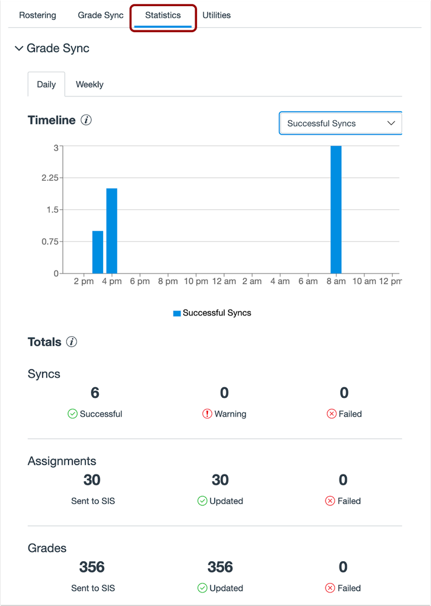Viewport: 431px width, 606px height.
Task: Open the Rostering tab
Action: (38, 15)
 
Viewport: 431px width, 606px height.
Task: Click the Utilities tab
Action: (216, 15)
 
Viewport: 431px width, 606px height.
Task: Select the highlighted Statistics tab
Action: (163, 15)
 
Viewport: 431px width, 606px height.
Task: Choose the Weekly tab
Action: (89, 85)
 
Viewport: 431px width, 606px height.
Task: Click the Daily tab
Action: (46, 85)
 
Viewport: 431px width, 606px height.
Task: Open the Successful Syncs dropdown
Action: (340, 123)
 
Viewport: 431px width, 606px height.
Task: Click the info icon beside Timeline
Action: (86, 120)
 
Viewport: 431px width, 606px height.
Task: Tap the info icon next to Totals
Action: (72, 342)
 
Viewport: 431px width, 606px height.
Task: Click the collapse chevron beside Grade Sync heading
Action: (19, 49)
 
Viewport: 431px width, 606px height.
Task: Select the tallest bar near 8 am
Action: (336, 209)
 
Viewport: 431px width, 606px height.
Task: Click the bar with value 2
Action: (112, 231)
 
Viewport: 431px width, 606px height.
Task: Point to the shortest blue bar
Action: (98, 252)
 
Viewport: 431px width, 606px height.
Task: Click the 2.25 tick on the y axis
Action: (50, 178)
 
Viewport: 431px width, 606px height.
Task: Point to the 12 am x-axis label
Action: (224, 281)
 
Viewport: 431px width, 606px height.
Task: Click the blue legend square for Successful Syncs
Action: (177, 313)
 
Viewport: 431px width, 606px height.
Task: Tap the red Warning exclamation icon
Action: (207, 414)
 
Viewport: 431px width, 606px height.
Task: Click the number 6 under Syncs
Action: (95, 392)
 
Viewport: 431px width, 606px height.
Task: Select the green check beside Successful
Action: (72, 414)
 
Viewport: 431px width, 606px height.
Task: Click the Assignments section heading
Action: (62, 461)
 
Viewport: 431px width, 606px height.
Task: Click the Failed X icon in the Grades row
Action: (331, 588)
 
